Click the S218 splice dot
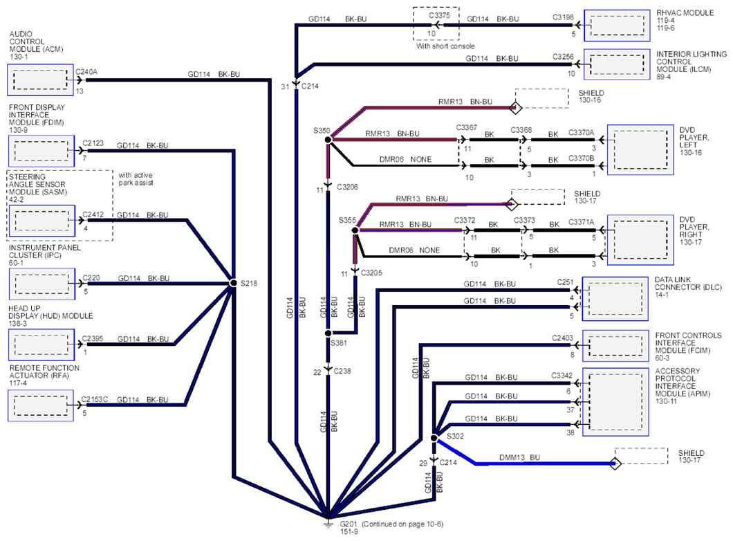tap(233, 283)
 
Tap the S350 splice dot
tap(328, 139)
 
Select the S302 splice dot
tap(434, 438)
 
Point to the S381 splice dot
tap(328, 333)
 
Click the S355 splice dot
tap(355, 230)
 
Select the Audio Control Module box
tap(40, 80)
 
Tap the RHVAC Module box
tap(617, 25)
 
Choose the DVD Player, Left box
tap(640, 149)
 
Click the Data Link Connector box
tap(615, 299)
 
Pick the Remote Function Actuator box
tap(41, 405)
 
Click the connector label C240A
tap(86, 72)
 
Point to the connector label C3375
tap(439, 15)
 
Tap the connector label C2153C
tap(95, 399)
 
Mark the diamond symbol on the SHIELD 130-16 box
tap(515, 107)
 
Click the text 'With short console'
tap(445, 46)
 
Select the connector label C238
tap(342, 372)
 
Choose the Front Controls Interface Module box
tap(615, 346)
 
